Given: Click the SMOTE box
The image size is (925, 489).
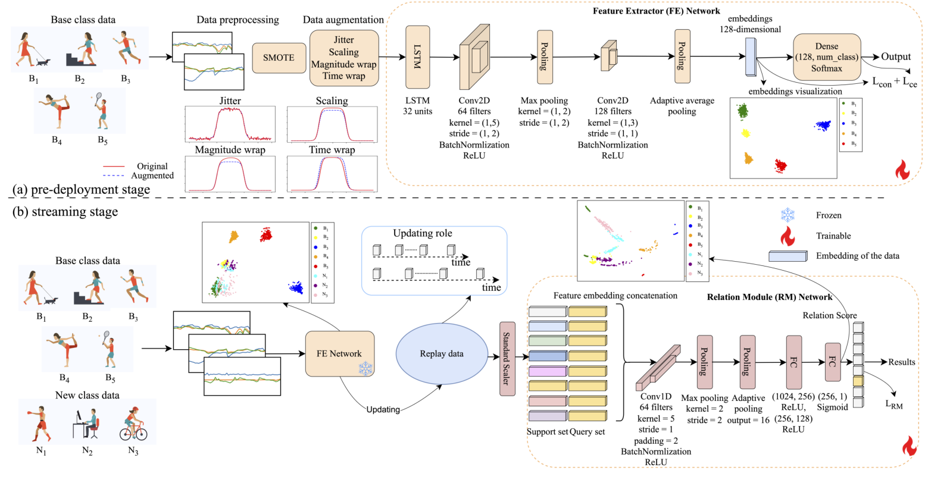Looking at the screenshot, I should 279,58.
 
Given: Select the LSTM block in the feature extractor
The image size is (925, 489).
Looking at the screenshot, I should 417,57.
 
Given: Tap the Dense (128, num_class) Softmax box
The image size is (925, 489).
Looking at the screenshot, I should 827,57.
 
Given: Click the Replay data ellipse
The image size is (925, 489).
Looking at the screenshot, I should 441,354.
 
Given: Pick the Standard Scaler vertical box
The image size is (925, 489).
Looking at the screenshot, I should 507,359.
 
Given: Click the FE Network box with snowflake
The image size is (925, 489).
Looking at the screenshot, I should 339,354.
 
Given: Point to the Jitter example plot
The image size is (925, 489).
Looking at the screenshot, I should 230,124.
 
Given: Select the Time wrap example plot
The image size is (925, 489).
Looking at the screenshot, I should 332,173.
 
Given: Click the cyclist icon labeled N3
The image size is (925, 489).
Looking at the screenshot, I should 133,424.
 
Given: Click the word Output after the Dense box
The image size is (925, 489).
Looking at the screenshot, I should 896,57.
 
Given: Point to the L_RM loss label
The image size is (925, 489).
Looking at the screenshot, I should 893,405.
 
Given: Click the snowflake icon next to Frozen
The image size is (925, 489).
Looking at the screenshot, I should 787,215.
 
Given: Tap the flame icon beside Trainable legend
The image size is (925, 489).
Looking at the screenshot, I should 787,236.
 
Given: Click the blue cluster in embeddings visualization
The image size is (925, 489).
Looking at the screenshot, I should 823,126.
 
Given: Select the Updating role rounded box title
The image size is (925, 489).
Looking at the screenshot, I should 422,233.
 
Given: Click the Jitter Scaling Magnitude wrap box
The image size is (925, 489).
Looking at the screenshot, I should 343,58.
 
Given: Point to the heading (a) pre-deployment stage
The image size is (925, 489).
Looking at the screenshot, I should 82,190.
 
